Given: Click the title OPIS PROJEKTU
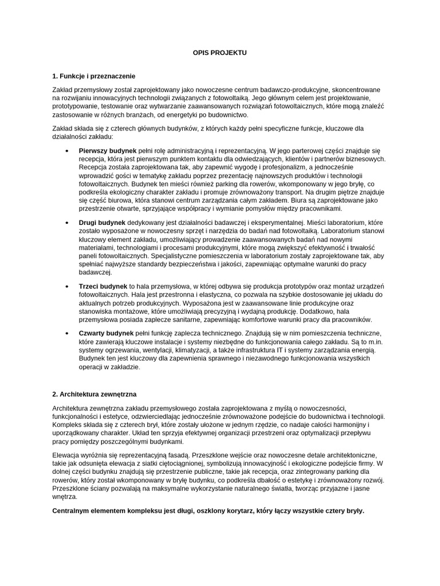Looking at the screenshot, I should click(220, 52).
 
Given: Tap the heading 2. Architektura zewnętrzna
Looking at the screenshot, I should click(94, 394).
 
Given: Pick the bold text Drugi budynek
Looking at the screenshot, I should click(102, 221).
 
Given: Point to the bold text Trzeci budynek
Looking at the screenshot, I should click(103, 286).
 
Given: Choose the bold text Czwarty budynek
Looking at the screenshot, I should click(106, 333).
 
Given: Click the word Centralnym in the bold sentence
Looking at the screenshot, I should click(72, 510).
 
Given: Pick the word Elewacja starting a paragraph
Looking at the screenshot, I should click(66, 455).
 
